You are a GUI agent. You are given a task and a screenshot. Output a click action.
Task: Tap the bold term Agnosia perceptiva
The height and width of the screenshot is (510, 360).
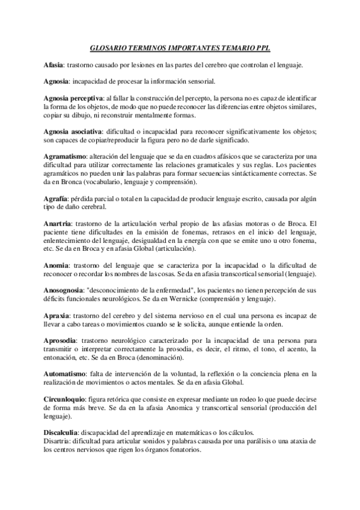point(73,98)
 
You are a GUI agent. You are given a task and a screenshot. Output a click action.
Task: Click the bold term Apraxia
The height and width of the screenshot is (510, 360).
point(56,316)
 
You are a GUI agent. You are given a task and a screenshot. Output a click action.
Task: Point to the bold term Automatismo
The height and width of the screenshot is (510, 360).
point(63,374)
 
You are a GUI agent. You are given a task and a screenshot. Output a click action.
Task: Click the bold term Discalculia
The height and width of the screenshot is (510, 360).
point(63,433)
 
